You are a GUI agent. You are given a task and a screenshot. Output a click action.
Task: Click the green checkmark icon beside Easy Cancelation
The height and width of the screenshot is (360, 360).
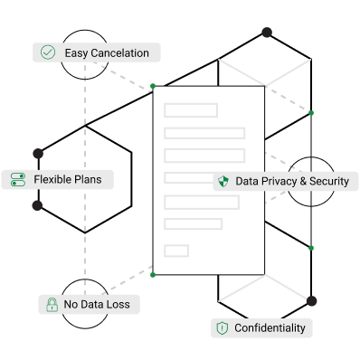click(x=48, y=52)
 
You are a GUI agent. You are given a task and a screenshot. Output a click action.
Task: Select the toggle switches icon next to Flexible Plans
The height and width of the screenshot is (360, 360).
click(x=18, y=179)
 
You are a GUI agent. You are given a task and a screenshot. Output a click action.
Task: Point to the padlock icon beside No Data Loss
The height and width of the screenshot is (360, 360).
click(x=52, y=305)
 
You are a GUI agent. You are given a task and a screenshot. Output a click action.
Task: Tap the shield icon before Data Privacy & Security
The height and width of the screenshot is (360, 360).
click(x=223, y=181)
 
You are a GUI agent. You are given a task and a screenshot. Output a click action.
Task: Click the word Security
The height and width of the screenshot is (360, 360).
click(x=329, y=181)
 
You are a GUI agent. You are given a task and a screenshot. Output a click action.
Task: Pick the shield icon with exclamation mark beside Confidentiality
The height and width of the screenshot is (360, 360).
click(x=223, y=328)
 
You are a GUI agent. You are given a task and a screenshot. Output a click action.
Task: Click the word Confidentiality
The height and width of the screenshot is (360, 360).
click(x=270, y=327)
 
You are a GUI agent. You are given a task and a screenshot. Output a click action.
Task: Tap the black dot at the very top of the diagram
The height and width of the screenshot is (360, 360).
click(x=267, y=33)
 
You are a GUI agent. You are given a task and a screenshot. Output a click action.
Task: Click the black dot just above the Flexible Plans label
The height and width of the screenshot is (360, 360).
click(x=38, y=154)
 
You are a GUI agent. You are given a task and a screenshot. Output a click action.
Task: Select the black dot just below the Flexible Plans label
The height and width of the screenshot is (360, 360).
click(x=37, y=205)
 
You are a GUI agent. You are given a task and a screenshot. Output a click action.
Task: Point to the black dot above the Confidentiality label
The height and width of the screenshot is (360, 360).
click(x=311, y=300)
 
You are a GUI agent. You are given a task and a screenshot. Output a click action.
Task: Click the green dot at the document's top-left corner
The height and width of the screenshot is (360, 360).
click(x=153, y=86)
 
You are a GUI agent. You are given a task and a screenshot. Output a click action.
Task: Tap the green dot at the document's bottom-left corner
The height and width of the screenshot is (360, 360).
click(x=153, y=275)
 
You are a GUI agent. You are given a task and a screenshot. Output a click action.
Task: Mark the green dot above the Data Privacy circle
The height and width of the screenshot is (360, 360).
click(x=311, y=113)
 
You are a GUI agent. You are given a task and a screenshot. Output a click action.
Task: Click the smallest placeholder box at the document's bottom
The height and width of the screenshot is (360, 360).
click(x=176, y=251)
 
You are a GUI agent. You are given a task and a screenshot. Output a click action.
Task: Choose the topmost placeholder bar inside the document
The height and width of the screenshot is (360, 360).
click(x=191, y=110)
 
